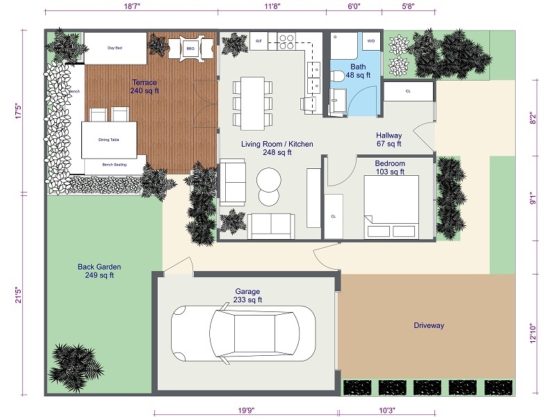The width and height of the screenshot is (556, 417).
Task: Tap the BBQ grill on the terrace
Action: [190, 48]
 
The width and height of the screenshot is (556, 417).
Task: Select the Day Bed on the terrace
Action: [115, 49]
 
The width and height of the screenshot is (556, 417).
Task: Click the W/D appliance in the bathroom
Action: [370, 42]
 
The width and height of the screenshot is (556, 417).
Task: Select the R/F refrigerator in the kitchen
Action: [259, 42]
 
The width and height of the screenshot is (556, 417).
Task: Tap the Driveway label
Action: [429, 325]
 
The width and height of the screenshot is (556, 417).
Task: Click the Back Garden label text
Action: [99, 271]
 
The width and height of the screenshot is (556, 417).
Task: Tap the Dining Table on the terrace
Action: [108, 140]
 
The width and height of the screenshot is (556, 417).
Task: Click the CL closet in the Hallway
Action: [408, 91]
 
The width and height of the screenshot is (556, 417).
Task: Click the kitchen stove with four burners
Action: [286, 41]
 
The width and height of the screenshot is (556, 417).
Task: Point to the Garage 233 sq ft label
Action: [247, 296]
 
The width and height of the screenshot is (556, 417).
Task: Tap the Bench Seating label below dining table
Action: [114, 165]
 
